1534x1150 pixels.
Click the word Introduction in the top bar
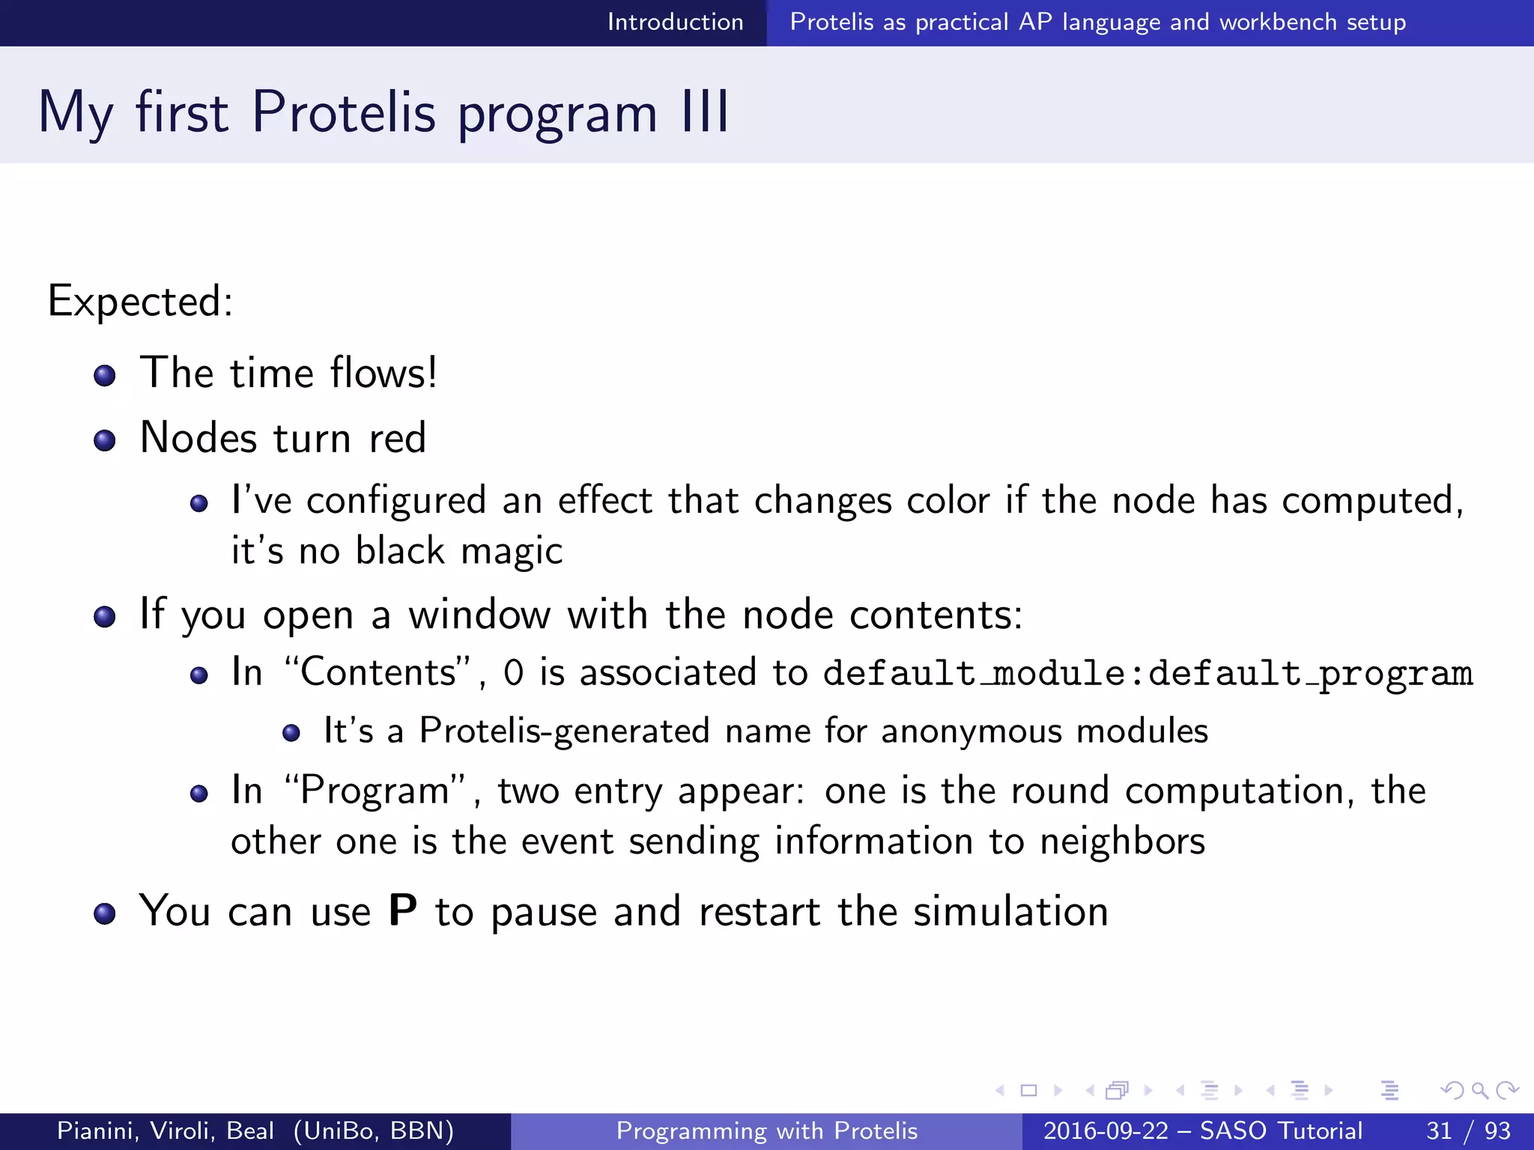pos(675,22)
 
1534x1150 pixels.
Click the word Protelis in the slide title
pos(343,112)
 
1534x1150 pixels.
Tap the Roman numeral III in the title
pos(705,112)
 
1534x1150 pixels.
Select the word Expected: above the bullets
pos(140,301)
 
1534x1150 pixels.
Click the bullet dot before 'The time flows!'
pos(105,376)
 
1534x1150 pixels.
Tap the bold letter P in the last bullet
pos(403,911)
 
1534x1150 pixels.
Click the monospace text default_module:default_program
pos(1148,673)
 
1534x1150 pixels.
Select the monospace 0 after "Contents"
pos(513,673)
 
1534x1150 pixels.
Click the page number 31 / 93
pos(1468,1131)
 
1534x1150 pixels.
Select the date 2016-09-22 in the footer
pos(1106,1131)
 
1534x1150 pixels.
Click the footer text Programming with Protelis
pos(766,1131)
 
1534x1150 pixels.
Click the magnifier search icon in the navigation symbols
pos(1479,1091)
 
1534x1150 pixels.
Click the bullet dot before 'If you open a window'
pos(105,618)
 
